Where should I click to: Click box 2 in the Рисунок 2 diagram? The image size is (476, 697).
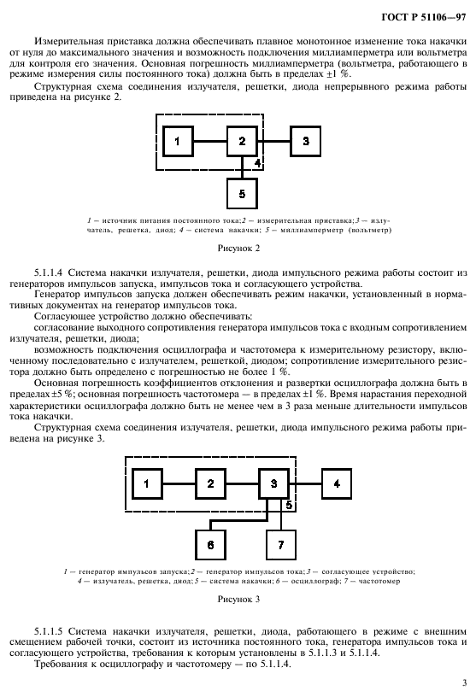coord(242,140)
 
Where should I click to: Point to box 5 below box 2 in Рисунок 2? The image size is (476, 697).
coord(242,194)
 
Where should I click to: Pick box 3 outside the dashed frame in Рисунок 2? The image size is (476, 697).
coord(306,140)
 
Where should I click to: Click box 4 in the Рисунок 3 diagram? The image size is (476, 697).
coord(338,483)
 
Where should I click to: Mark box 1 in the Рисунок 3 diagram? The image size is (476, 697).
coord(146,483)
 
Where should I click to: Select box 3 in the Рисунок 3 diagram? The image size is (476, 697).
coord(274,483)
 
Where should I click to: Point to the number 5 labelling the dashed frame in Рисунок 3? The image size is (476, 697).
coord(289,505)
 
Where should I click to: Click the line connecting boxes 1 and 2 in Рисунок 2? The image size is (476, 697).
coord(209,140)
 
